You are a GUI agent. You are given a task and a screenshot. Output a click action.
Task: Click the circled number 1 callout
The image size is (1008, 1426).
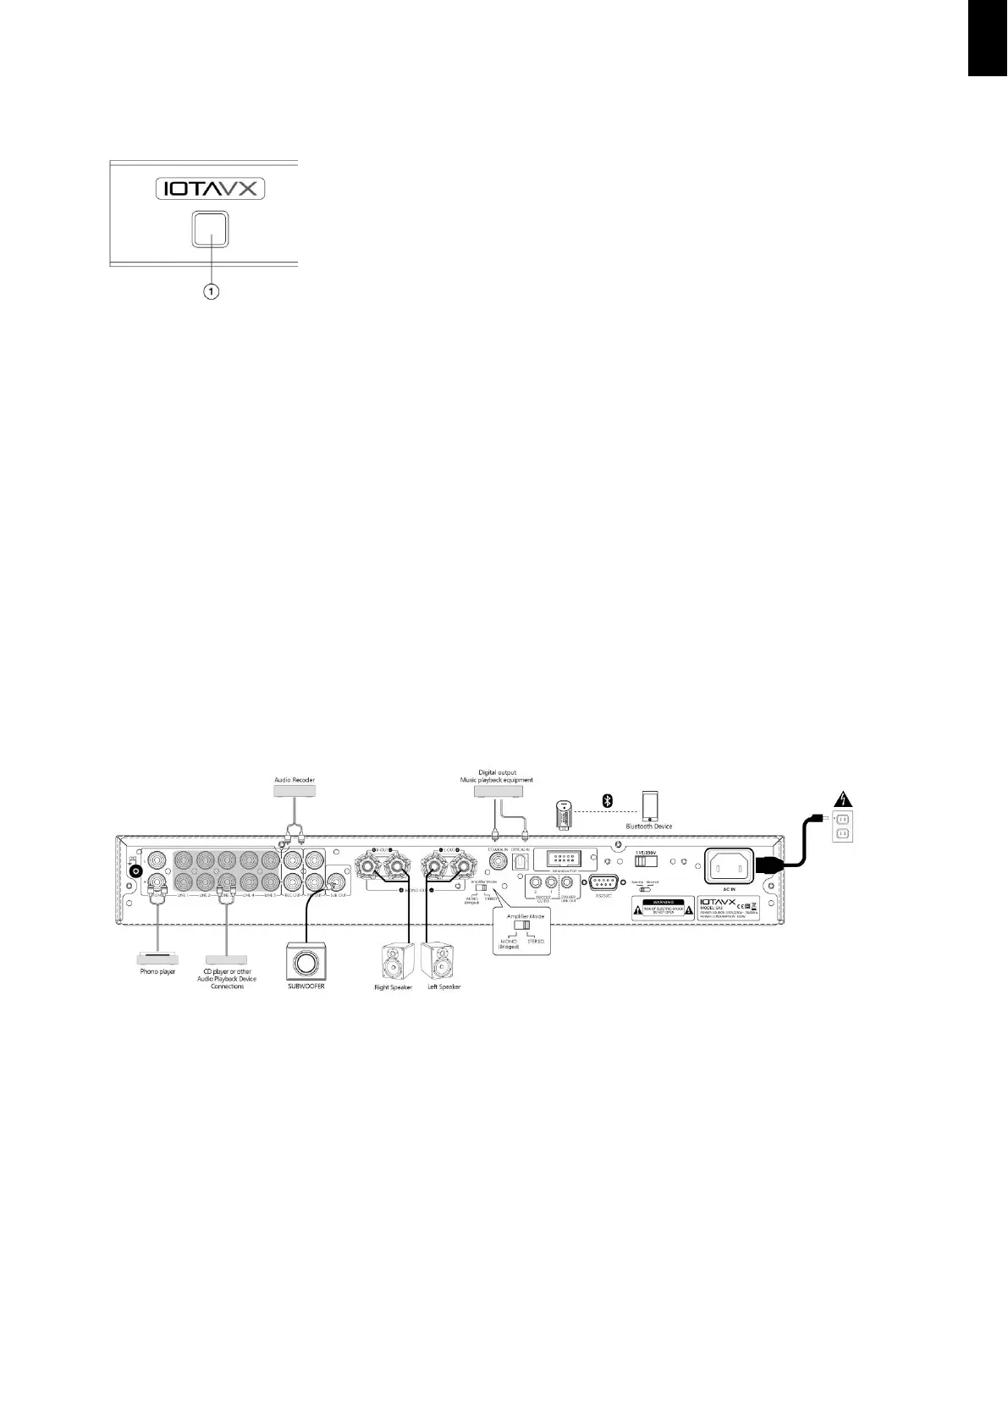coord(210,290)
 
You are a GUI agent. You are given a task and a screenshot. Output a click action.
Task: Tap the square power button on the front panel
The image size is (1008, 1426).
coord(210,229)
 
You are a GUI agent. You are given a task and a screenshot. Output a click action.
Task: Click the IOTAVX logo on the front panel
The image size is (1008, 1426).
coord(210,188)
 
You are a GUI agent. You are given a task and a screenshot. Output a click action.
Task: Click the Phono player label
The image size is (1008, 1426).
coord(157,971)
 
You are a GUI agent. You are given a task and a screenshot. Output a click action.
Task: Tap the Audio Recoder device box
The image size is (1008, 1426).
coord(295,790)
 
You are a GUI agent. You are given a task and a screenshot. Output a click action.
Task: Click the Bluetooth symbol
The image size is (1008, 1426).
coord(606,800)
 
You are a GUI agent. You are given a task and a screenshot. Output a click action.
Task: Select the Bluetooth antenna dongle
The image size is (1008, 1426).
coord(565,815)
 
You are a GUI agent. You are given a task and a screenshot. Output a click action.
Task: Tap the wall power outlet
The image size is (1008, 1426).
coord(843,826)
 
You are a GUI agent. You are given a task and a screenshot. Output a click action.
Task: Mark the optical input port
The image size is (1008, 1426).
coord(521,861)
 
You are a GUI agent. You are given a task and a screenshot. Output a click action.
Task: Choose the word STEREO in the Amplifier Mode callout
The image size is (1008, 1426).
coord(536,942)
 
